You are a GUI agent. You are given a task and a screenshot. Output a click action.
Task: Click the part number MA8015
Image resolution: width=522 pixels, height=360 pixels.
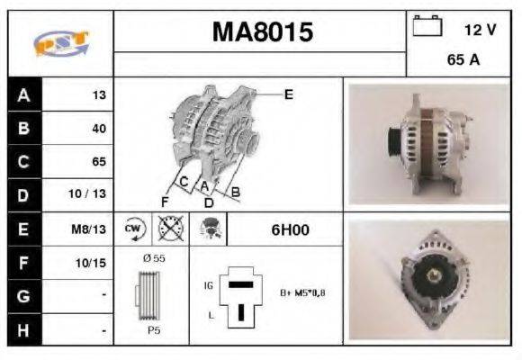coord(262,33)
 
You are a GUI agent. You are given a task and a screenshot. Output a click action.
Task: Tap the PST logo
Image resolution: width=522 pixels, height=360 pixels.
coord(59,43)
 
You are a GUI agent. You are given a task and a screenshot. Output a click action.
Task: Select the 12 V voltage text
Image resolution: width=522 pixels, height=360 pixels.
coord(480,30)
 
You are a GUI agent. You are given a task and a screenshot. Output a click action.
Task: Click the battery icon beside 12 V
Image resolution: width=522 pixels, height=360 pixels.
coord(425,27)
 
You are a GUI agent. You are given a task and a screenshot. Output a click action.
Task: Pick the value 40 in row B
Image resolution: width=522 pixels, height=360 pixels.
coord(98,129)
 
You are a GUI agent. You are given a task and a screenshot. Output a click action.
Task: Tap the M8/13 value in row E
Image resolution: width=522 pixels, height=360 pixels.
coord(92,229)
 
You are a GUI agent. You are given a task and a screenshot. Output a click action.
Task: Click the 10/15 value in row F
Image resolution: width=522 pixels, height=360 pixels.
coord(93,263)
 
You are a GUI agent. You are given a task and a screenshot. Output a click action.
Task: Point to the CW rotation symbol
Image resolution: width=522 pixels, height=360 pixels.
coord(134,229)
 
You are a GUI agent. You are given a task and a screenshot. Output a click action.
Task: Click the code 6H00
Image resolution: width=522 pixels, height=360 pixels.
coord(290,229)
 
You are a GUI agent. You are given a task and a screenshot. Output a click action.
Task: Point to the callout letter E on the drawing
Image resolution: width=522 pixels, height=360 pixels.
coord(289,94)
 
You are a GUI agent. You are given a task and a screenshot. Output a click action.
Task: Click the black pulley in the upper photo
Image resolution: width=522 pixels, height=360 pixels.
coord(392,142)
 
